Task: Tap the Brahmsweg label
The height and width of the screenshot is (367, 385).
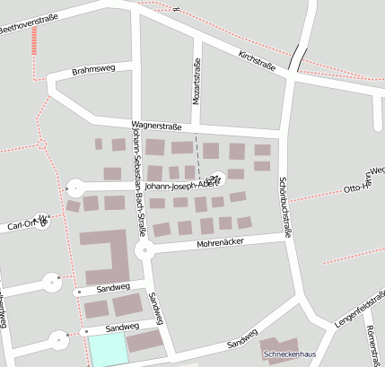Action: (94, 70)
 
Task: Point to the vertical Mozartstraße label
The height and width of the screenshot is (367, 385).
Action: (197, 80)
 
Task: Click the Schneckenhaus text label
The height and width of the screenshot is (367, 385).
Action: (288, 354)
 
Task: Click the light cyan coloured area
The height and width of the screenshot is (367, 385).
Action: (107, 351)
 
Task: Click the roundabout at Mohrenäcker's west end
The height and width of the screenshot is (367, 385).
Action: (143, 249)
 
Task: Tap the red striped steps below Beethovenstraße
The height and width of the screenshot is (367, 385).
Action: (34, 41)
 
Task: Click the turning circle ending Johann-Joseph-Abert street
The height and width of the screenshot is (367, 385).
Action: (73, 188)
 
